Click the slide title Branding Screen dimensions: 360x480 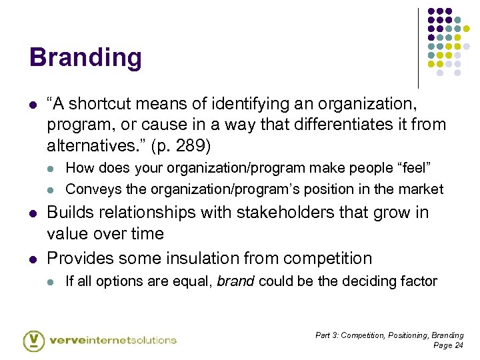pos(85,58)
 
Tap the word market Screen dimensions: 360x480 pos(422,189)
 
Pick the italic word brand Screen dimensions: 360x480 pos(235,281)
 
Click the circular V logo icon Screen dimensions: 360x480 pos(34,340)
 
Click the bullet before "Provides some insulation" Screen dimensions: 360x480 pos(32,259)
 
